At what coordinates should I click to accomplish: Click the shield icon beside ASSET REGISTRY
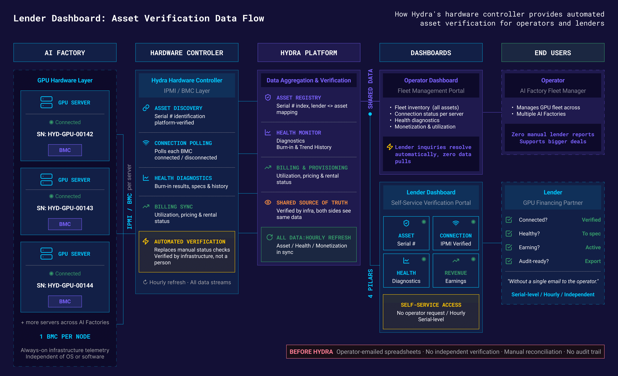pos(268,97)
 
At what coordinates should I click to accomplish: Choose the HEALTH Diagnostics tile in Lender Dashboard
pos(406,271)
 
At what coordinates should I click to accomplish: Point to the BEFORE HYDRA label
pos(311,352)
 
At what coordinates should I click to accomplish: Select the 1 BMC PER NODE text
pos(65,336)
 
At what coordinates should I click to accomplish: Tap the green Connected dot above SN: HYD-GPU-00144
pos(51,274)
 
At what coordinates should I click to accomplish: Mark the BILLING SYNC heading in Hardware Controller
pos(174,207)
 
